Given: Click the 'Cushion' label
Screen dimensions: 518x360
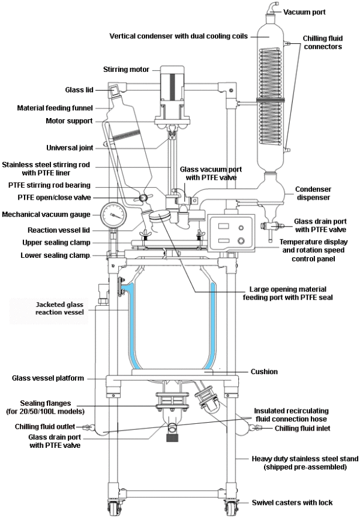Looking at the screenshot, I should [265, 372].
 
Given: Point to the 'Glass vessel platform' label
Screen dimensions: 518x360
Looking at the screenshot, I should [47, 378].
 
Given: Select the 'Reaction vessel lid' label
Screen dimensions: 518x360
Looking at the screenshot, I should [59, 230].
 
